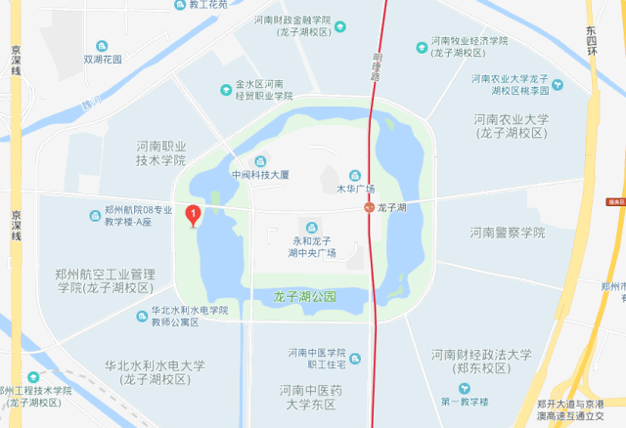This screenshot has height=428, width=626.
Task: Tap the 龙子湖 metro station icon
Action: pyautogui.click(x=368, y=207)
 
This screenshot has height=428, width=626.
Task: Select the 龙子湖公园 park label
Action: pyautogui.click(x=304, y=295)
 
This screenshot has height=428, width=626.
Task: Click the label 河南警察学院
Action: pyautogui.click(x=506, y=233)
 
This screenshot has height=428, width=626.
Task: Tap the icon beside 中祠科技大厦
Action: pyautogui.click(x=259, y=161)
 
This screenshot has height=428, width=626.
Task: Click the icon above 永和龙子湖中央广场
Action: pyautogui.click(x=311, y=227)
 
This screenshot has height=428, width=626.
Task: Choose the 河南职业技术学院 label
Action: pyautogui.click(x=160, y=152)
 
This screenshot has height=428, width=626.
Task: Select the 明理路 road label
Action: pyautogui.click(x=378, y=63)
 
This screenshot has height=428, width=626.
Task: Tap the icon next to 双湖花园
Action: pyautogui.click(x=103, y=46)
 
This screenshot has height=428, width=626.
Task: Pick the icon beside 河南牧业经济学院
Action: pyautogui.click(x=421, y=46)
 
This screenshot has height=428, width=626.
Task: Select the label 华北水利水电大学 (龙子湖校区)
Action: pyautogui.click(x=155, y=372)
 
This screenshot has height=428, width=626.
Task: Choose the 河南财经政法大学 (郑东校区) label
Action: pyautogui.click(x=481, y=361)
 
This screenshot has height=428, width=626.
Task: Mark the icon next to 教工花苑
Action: pyautogui.click(x=179, y=5)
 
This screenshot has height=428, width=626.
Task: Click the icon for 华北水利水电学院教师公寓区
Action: pyautogui.click(x=140, y=316)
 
